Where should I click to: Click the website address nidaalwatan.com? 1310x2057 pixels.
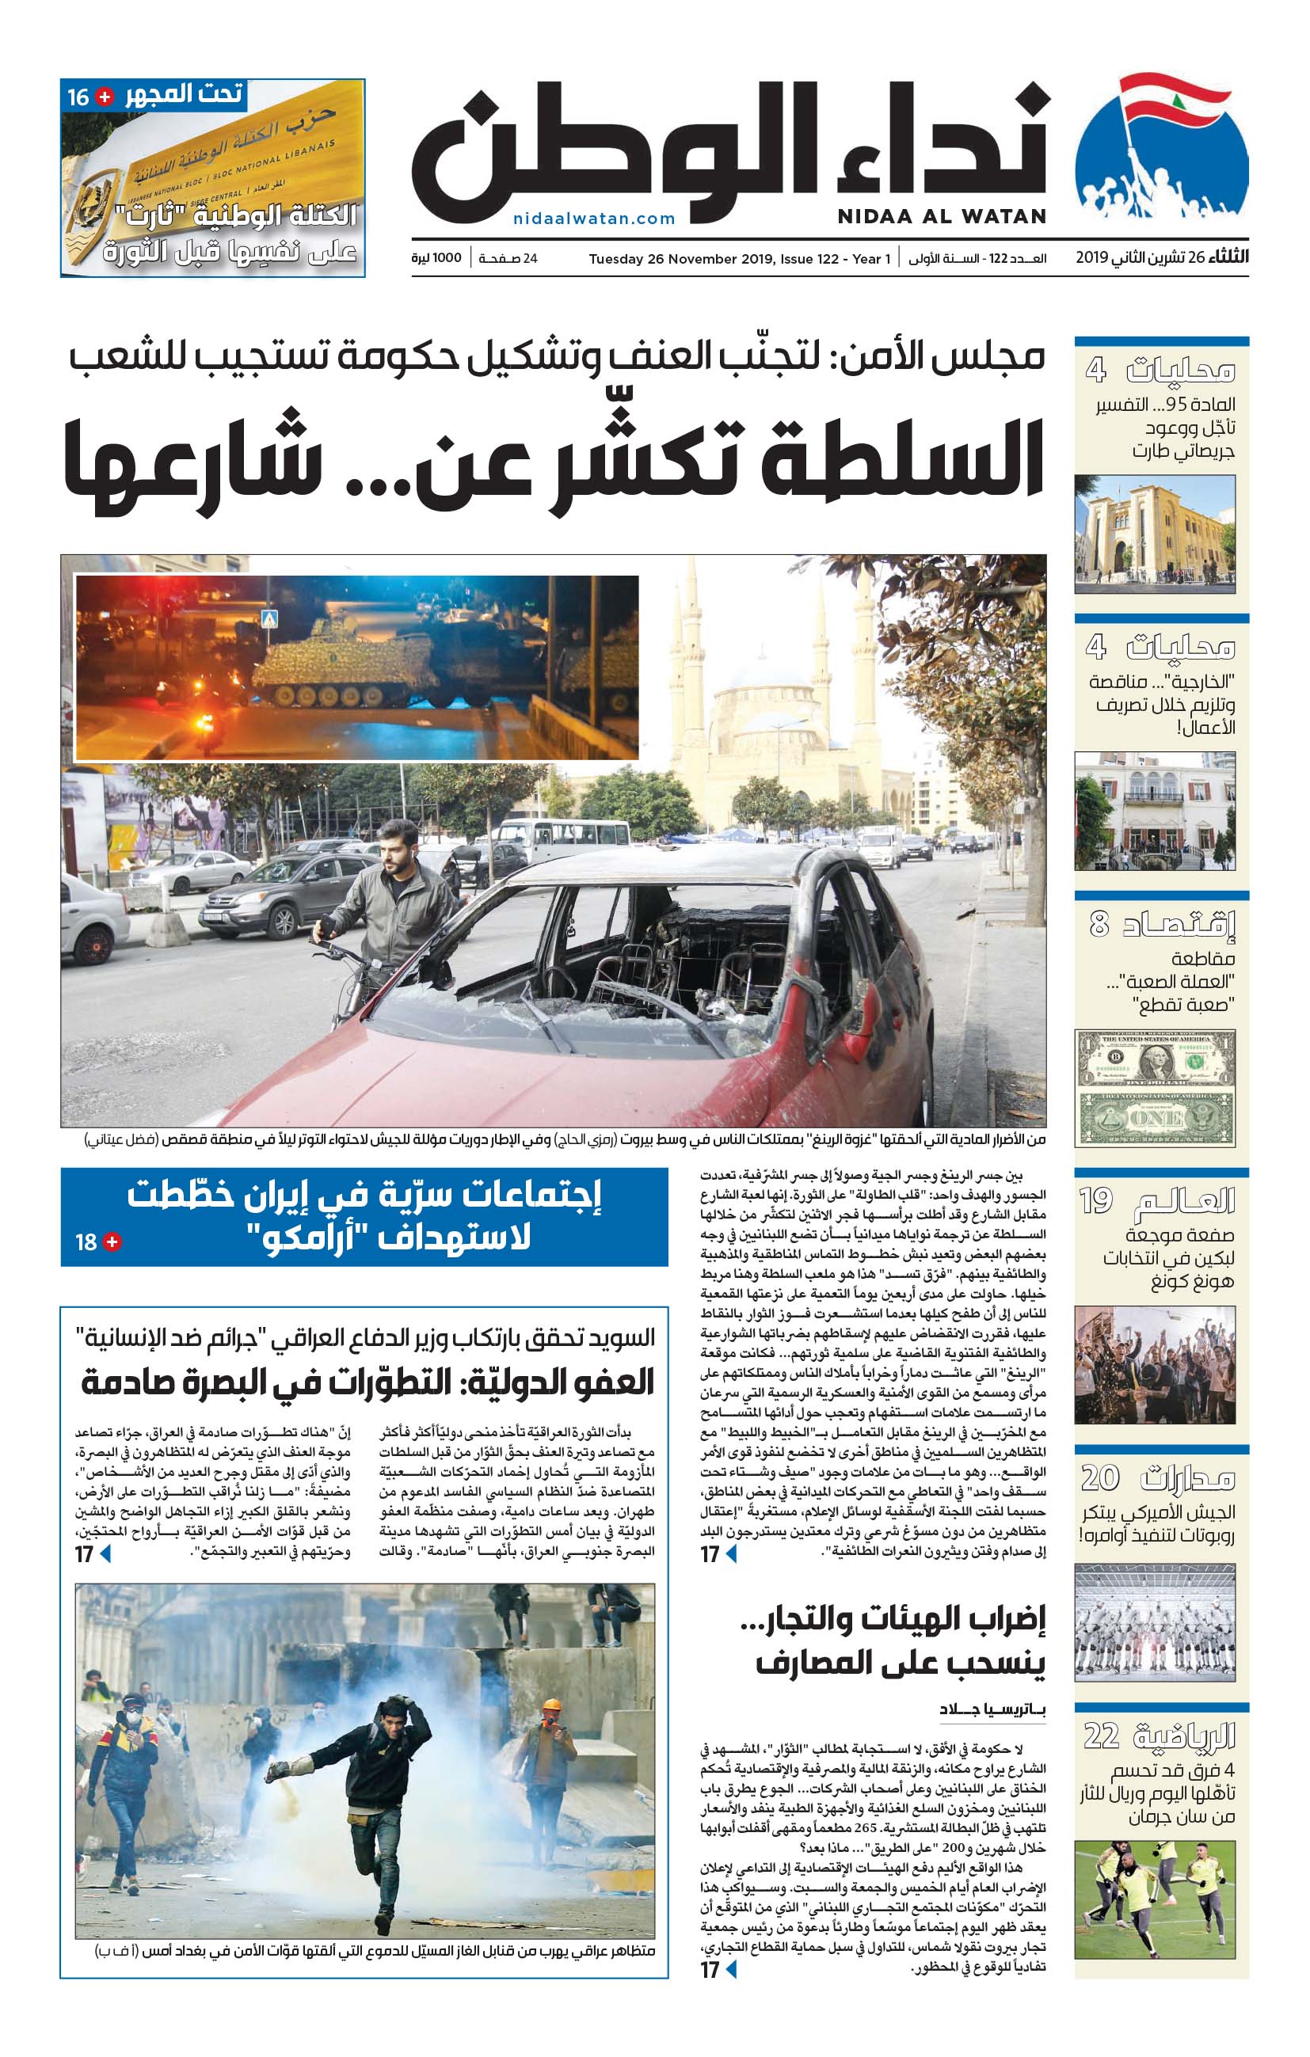tap(594, 219)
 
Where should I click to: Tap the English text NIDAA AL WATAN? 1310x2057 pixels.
tap(941, 217)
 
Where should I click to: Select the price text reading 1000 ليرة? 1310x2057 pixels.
tap(436, 258)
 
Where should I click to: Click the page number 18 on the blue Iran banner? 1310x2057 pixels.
tap(86, 1242)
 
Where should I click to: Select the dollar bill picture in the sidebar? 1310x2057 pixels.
tap(1155, 1086)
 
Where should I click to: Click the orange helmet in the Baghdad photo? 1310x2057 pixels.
tap(552, 1705)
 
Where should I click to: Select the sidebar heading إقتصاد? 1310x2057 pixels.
tap(1179, 924)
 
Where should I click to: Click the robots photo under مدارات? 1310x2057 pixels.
tap(1155, 1623)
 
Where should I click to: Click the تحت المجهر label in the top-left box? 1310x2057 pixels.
tap(184, 94)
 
